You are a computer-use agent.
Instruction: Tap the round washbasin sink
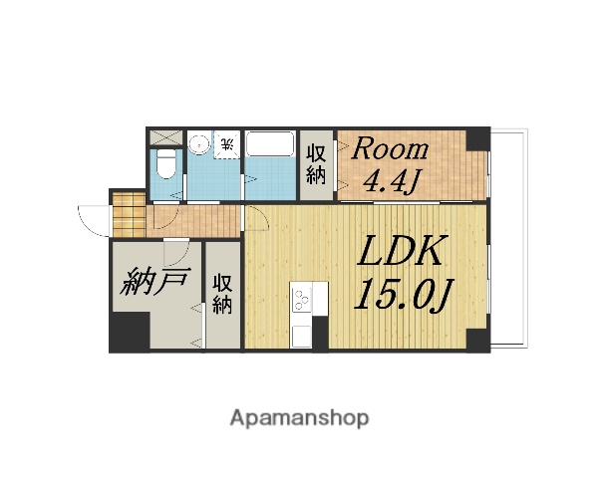(x=200, y=143)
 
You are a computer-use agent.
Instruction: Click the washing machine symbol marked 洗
(x=227, y=144)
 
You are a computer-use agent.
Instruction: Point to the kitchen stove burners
(x=301, y=296)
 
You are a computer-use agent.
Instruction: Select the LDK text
(x=401, y=254)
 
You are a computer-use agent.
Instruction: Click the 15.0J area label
(x=401, y=297)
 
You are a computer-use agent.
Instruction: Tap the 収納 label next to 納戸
(x=222, y=294)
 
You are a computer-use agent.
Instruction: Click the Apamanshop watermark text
(x=299, y=417)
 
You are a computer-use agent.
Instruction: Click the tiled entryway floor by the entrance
(x=128, y=211)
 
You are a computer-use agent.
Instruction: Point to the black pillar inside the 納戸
(x=129, y=333)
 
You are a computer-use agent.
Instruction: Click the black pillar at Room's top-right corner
(x=480, y=138)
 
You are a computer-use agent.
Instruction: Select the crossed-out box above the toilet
(x=165, y=138)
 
